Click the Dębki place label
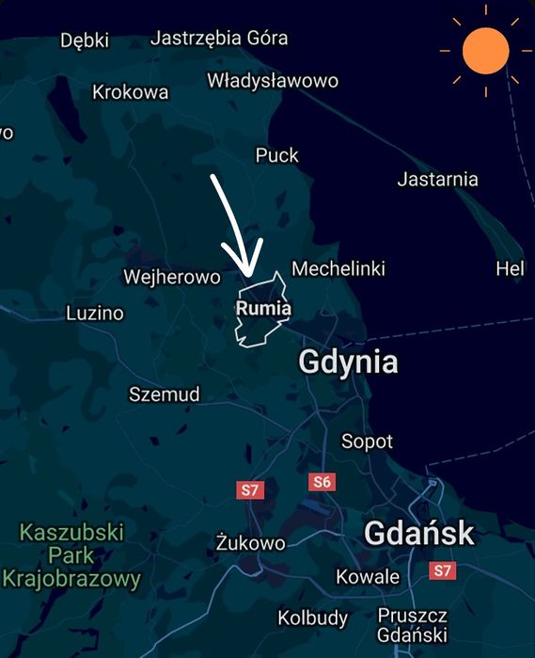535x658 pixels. (85, 40)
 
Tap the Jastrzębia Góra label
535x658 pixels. (219, 39)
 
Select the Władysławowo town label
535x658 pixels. (273, 80)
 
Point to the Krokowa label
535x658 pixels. (131, 91)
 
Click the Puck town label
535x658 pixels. (277, 155)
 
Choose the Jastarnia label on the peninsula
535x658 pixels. (437, 179)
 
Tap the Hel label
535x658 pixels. (510, 269)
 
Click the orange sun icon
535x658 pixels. (485, 51)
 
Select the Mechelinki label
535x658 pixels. (338, 269)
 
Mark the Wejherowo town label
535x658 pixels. (172, 277)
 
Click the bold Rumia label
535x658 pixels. (263, 309)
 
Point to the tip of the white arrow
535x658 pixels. (249, 274)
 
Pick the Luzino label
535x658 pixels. (95, 313)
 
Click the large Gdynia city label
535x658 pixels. (348, 362)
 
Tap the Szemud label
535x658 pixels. (165, 394)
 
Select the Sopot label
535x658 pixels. (367, 441)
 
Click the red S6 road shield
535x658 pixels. (322, 482)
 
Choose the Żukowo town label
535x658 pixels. (250, 543)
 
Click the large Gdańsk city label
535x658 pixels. (418, 534)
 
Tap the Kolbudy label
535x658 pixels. (312, 618)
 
